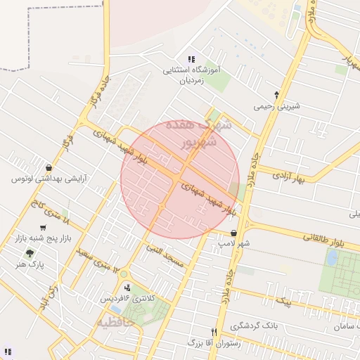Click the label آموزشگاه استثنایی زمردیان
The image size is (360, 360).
[191, 75]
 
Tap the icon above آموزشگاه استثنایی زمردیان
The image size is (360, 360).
[191, 59]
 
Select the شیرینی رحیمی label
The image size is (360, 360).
[277, 106]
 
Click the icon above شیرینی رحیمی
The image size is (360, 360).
[276, 94]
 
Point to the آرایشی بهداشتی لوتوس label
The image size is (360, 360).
[47, 179]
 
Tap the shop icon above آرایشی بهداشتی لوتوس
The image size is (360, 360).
[48, 167]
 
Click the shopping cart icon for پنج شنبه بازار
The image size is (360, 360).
[44, 228]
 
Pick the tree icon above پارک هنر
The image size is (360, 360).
[30, 253]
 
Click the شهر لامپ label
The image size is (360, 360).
[233, 243]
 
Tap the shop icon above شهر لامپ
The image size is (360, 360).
[233, 233]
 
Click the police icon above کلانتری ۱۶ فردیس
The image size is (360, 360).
[127, 287]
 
